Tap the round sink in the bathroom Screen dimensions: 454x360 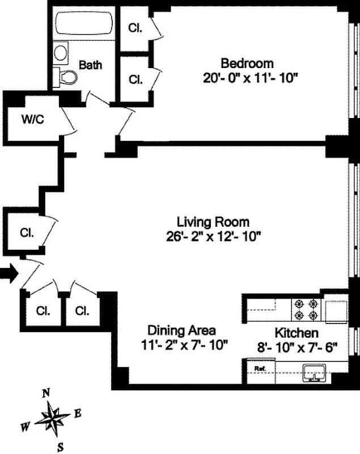tap(60, 53)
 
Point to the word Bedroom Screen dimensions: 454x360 tap(247, 63)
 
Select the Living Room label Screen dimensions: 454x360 tap(213, 221)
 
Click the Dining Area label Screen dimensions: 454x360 tap(181, 330)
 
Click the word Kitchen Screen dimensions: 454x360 tap(296, 333)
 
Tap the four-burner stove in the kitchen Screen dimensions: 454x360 tap(307, 310)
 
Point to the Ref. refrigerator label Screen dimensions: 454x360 tap(260, 368)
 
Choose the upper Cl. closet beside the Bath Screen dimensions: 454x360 tap(135, 27)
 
